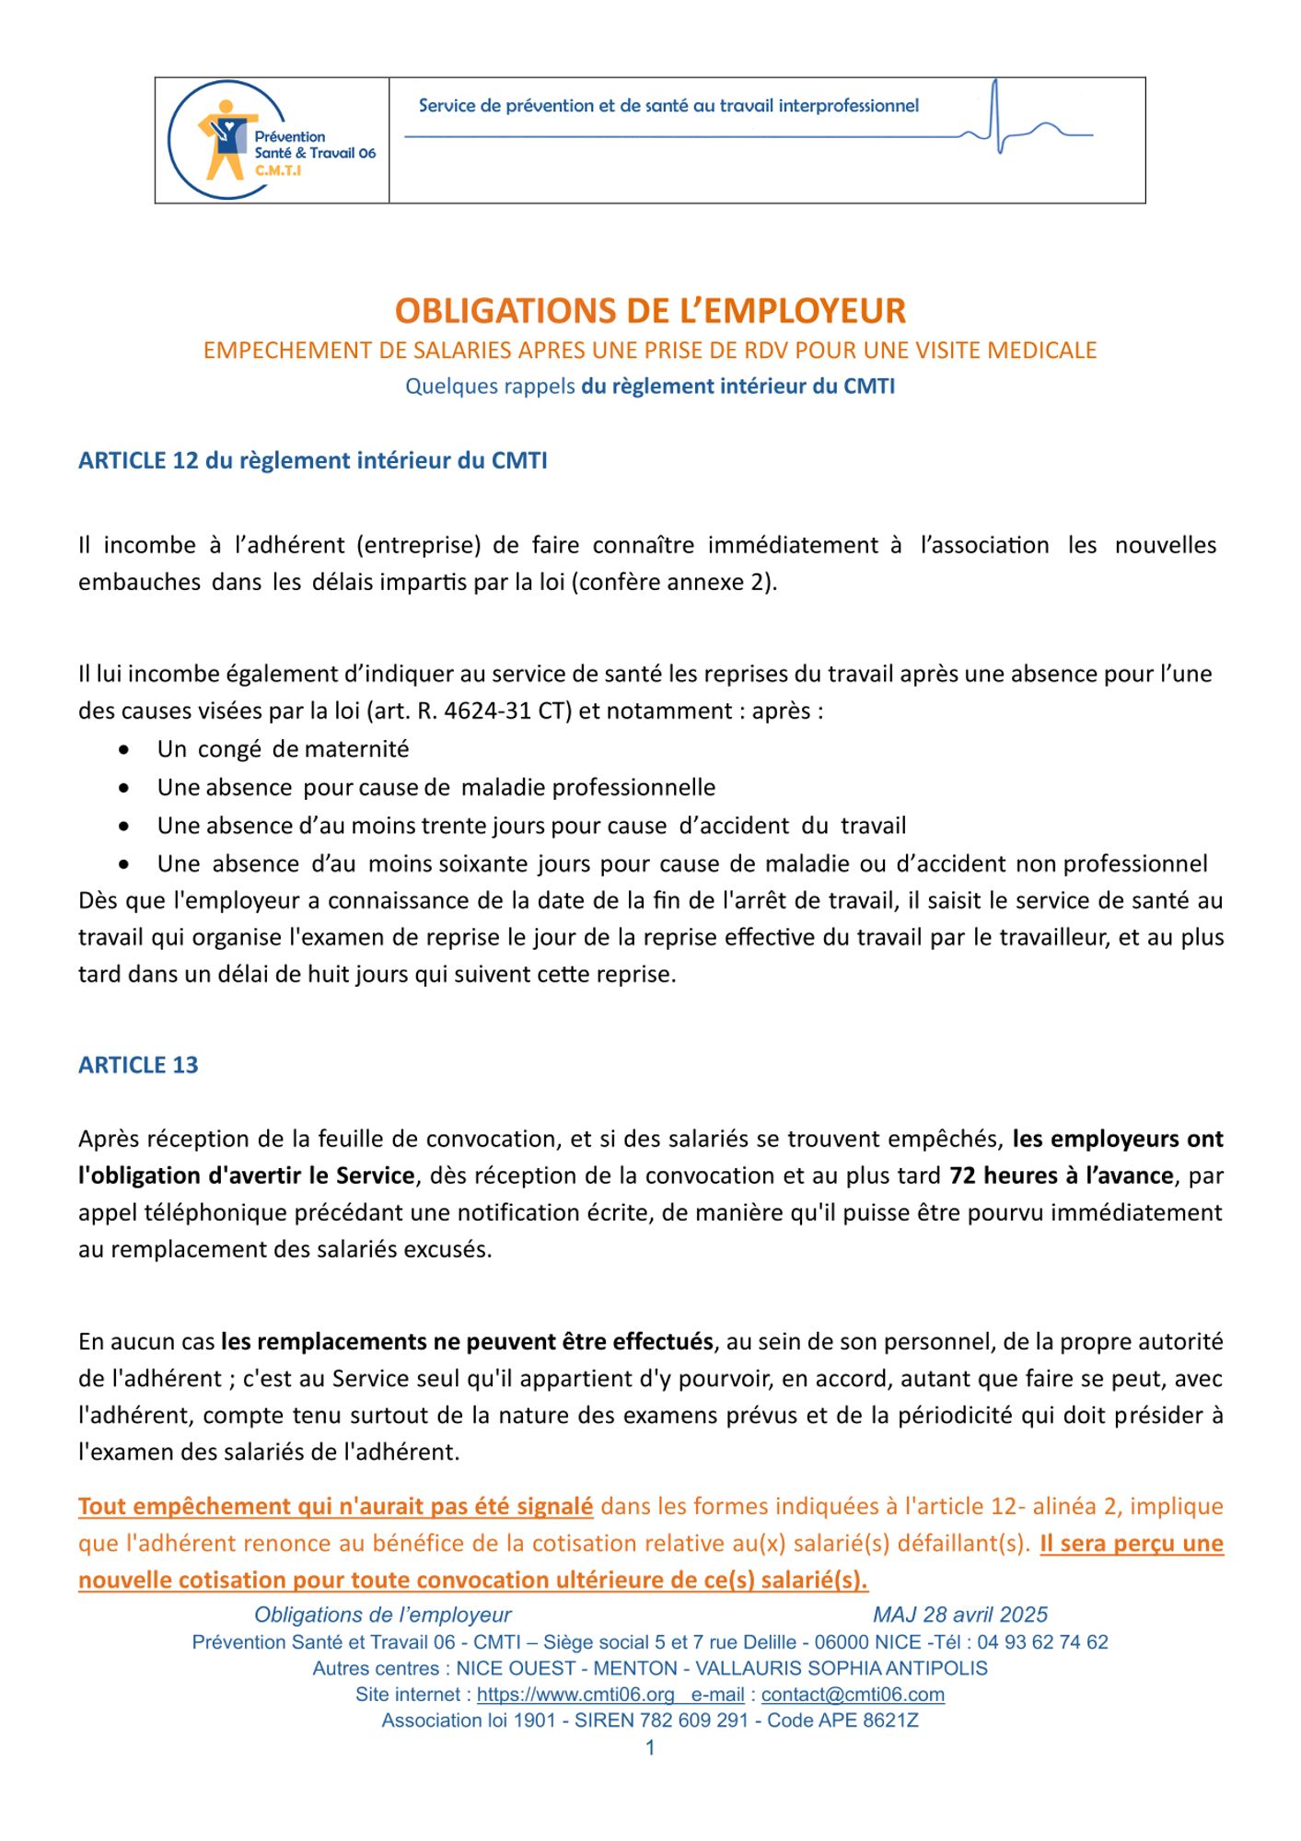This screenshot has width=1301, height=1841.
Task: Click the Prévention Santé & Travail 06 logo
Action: [x=272, y=140]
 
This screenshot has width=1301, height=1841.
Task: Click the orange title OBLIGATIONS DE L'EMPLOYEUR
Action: [x=650, y=311]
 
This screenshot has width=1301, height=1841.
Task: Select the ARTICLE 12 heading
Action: [x=312, y=460]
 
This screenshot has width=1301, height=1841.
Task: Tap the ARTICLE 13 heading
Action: [x=138, y=1065]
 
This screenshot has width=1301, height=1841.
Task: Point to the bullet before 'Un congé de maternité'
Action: [x=124, y=750]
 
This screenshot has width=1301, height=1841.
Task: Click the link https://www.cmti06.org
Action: [x=575, y=1695]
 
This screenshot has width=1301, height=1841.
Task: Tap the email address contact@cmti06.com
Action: [x=853, y=1695]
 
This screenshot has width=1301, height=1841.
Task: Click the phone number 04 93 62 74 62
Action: [x=1042, y=1642]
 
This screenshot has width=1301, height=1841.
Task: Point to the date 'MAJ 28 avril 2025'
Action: [x=959, y=1615]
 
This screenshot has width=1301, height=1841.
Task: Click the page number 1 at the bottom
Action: [x=650, y=1747]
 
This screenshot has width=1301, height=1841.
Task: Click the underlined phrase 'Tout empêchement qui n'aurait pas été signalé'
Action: [x=335, y=1507]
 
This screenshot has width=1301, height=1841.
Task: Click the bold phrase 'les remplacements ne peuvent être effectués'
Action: [x=467, y=1341]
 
